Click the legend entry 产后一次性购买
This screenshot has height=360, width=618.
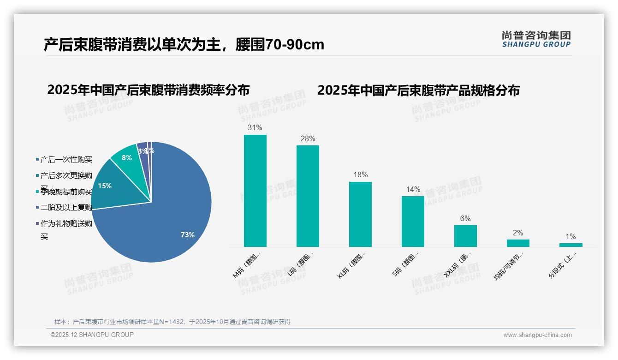[x=66, y=160]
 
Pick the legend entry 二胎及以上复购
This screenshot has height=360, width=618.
[x=66, y=207]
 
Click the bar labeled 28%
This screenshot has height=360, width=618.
[x=308, y=196]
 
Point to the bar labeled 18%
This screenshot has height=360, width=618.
[x=360, y=214]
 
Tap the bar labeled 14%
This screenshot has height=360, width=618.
[x=413, y=222]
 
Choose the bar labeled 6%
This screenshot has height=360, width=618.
[x=465, y=236]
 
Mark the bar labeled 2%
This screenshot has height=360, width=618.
[x=518, y=243]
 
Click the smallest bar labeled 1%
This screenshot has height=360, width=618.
[x=570, y=245]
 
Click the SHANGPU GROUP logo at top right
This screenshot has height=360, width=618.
[x=536, y=39]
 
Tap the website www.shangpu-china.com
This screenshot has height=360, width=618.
[x=537, y=335]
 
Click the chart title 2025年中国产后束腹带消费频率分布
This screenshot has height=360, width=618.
[x=148, y=90]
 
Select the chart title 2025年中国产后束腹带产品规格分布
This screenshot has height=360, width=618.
[x=418, y=90]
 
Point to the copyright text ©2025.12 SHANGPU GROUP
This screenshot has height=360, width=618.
[x=92, y=335]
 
